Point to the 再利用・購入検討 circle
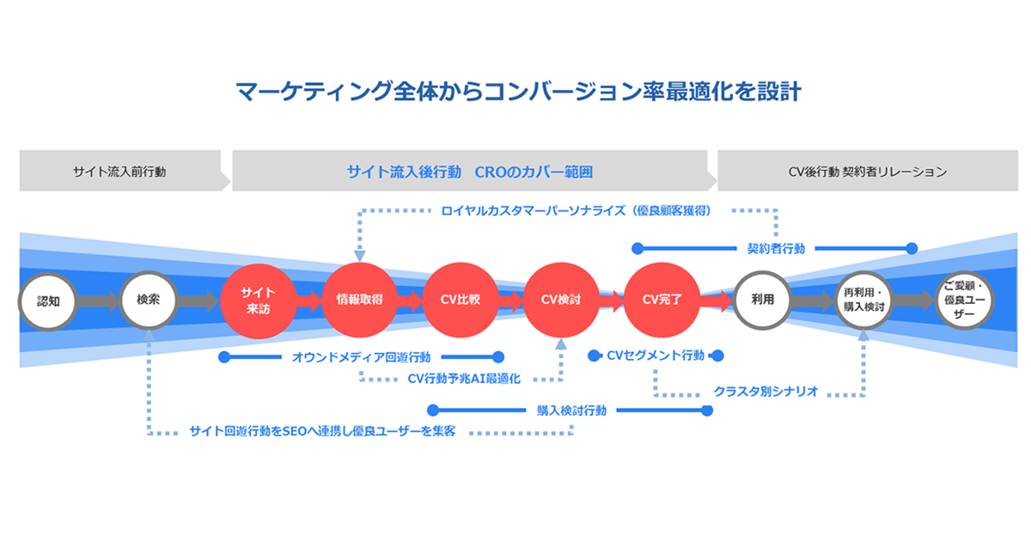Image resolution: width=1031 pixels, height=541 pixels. (x=864, y=301)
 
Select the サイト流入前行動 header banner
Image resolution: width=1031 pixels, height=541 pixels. (x=119, y=172)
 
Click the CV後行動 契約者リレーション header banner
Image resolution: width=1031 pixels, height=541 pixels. (x=868, y=172)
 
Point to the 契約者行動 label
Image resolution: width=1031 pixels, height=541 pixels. (x=776, y=249)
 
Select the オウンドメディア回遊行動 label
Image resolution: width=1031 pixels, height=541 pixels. (x=362, y=356)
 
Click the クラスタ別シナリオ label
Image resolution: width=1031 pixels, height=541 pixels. (x=766, y=392)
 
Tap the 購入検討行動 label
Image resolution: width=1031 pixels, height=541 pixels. (x=571, y=410)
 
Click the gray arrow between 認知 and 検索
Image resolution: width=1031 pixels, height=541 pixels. (x=100, y=301)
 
